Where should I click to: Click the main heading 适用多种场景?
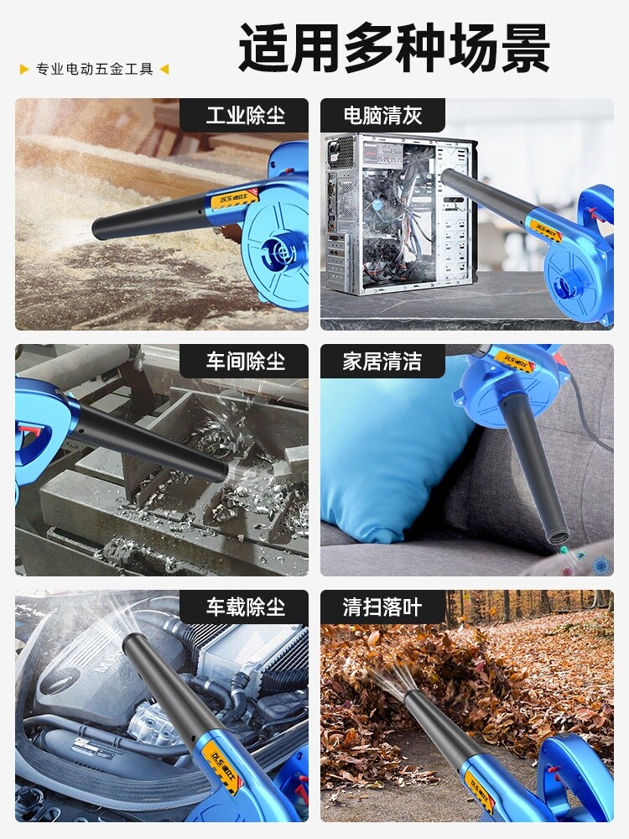coord(394,48)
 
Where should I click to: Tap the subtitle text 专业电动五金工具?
coord(95,69)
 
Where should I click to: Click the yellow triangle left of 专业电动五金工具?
coord(24,69)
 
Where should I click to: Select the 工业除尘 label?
coord(246,116)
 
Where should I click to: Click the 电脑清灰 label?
coord(382,116)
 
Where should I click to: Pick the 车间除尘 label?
coord(246,362)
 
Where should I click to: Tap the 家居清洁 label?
coord(382,362)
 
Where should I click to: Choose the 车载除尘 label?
coord(246,607)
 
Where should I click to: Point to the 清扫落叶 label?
coord(382,607)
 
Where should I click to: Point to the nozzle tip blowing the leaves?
coord(412,697)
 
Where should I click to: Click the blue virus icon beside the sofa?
coord(601,565)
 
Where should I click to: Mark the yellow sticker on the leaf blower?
coord(479,787)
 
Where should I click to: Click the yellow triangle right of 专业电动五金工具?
coord(164,69)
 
